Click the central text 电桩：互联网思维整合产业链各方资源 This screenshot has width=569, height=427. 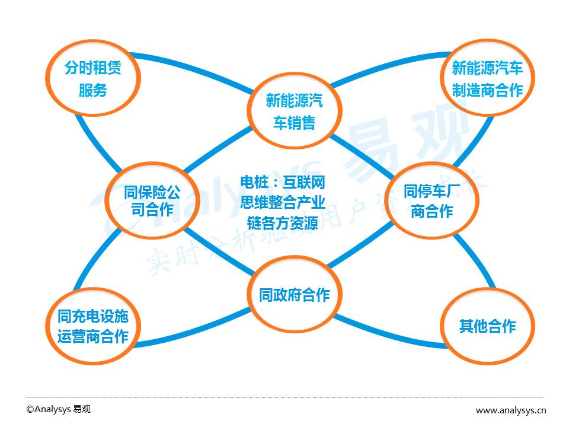pyautogui.click(x=282, y=203)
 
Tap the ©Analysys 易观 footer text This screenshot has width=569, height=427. pyautogui.click(x=59, y=409)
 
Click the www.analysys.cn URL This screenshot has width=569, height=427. pyautogui.click(x=511, y=410)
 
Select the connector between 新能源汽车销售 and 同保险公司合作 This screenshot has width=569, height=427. pyautogui.click(x=218, y=149)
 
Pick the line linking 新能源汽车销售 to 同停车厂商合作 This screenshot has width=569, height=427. pyautogui.click(x=362, y=156)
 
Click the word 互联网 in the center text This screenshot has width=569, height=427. pyautogui.click(x=304, y=182)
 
